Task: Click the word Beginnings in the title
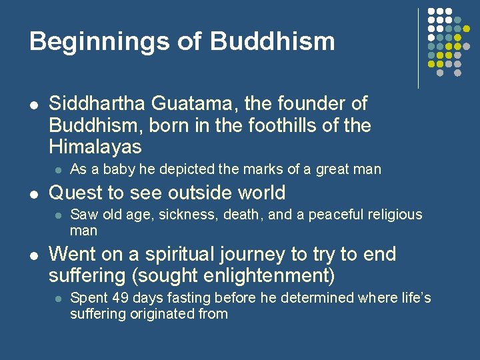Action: (97, 41)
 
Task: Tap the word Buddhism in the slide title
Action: (273, 41)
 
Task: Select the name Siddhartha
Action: (97, 104)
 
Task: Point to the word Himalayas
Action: (95, 147)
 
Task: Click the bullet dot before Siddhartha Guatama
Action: (34, 105)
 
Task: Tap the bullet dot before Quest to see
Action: (34, 194)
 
